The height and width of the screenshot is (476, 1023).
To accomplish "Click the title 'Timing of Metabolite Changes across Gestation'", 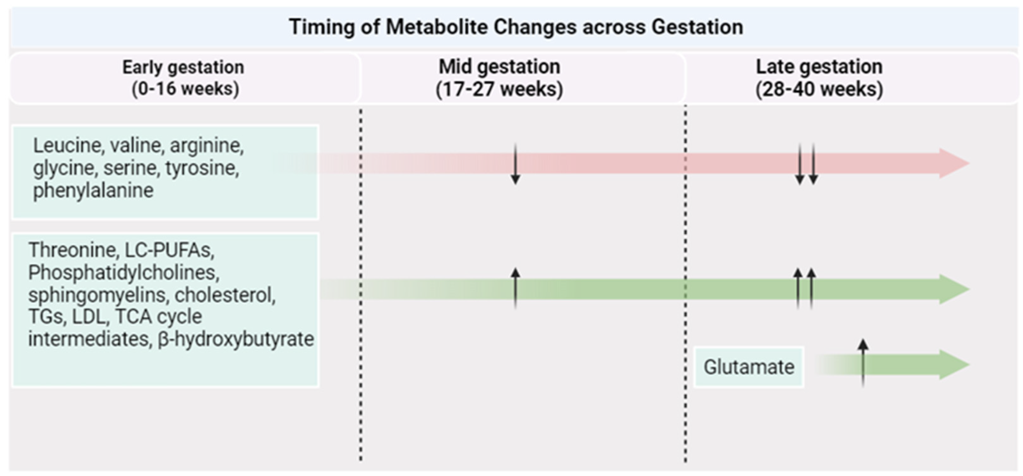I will click(x=516, y=27).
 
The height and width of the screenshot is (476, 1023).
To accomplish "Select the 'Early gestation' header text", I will click(x=183, y=67).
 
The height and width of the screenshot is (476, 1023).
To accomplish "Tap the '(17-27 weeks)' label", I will click(x=499, y=89).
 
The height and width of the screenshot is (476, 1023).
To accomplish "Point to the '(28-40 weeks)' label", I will click(x=819, y=89).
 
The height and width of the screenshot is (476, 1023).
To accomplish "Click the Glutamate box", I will click(x=749, y=367).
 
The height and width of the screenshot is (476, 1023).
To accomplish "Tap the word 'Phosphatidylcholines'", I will click(x=123, y=273).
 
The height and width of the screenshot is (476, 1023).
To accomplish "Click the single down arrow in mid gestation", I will click(x=515, y=164).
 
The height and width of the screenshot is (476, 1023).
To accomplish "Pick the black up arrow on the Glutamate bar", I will click(x=863, y=362).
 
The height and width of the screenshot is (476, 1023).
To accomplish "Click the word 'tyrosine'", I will click(x=202, y=168).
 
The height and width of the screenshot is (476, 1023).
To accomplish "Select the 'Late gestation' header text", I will click(x=819, y=67).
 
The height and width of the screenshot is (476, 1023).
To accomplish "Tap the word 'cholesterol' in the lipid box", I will click(x=224, y=295).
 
